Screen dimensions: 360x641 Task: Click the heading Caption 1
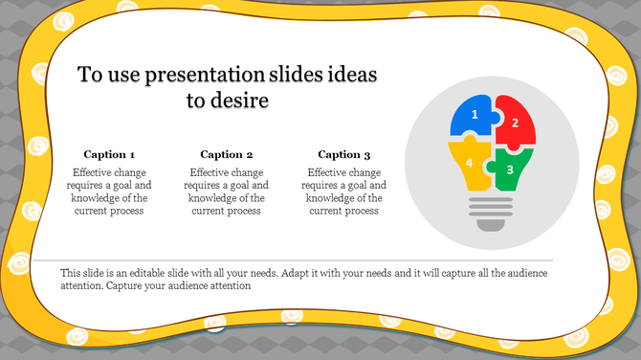(x=109, y=154)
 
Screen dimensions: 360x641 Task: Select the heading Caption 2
(x=227, y=154)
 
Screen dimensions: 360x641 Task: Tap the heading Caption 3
(x=344, y=154)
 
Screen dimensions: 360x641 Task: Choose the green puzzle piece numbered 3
(x=510, y=169)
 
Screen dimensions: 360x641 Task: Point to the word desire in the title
(x=240, y=100)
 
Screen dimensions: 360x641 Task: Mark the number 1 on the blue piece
(x=475, y=116)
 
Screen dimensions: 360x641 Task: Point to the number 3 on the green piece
(x=510, y=169)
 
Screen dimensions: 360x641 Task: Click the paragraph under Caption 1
(x=109, y=191)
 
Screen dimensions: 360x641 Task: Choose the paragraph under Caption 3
(x=344, y=191)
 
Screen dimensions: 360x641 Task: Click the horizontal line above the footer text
(x=293, y=259)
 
